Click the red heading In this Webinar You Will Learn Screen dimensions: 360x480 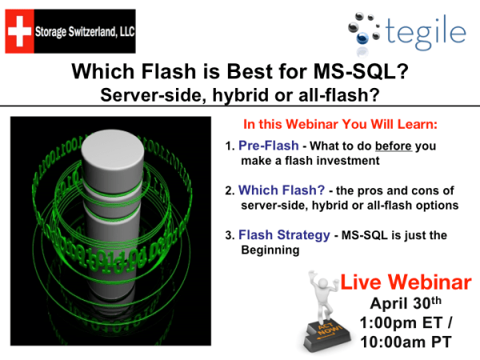(346, 126)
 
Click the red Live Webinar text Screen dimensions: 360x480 (406, 282)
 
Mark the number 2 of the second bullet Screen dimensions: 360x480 (229, 191)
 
